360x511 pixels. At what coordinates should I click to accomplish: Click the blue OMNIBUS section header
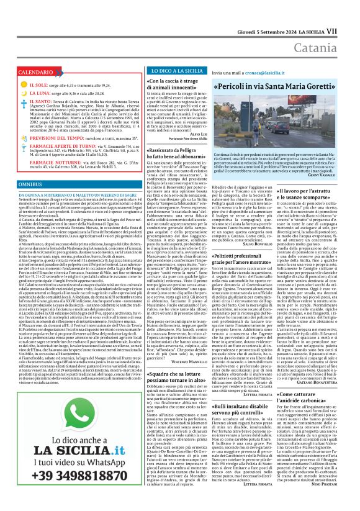pyautogui.click(x=30, y=185)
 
